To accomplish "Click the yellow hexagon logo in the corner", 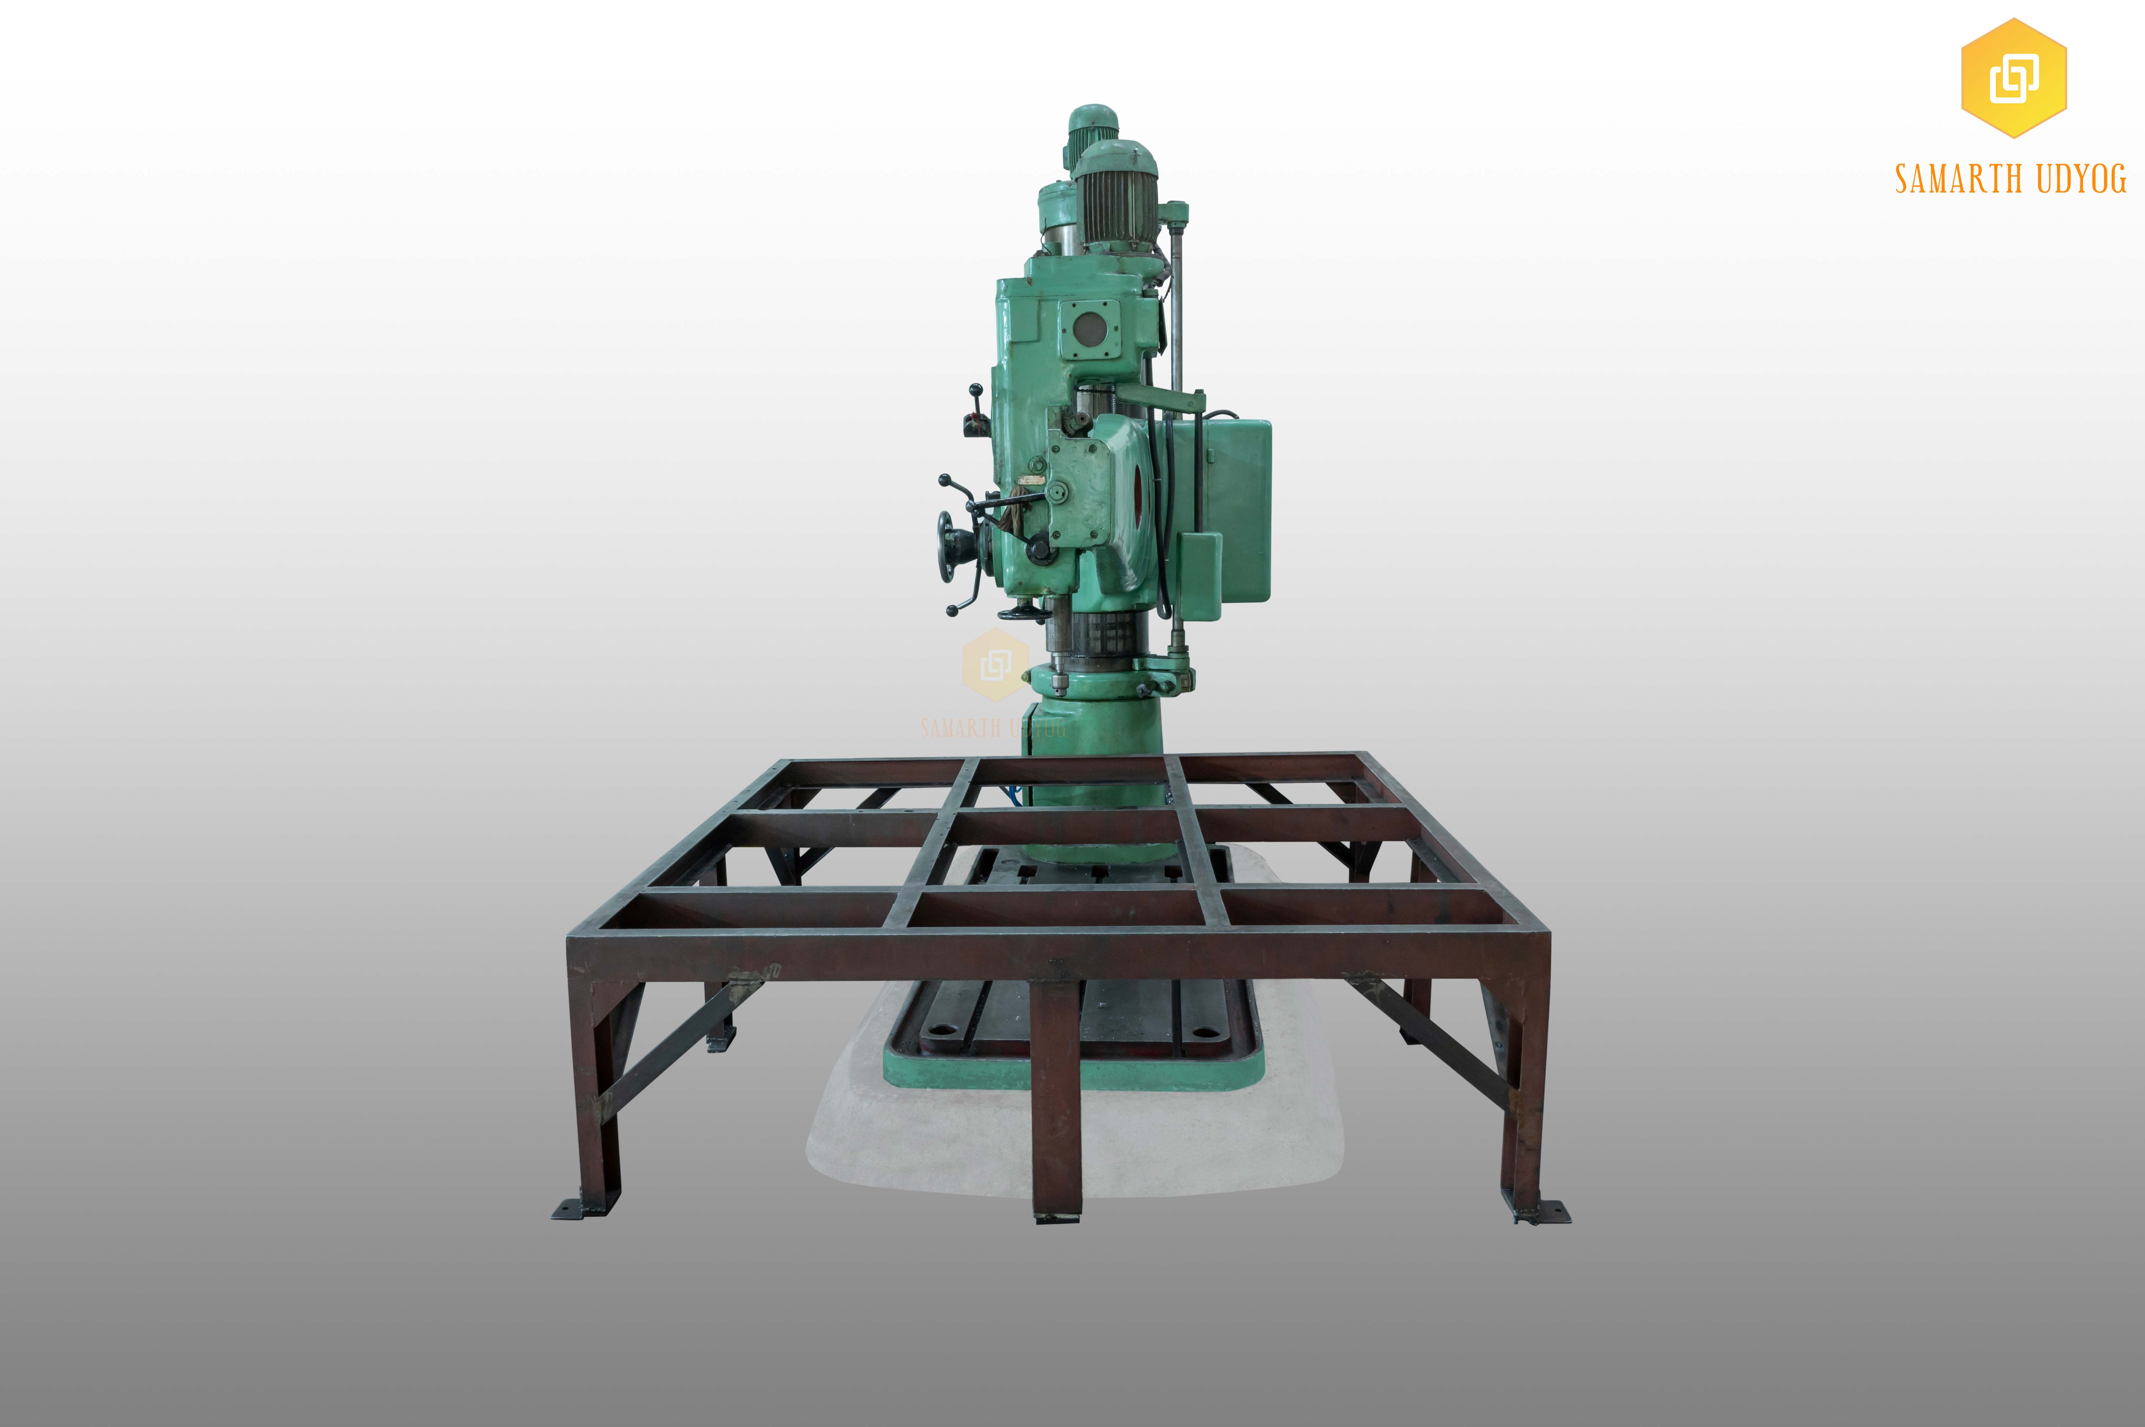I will [x=2013, y=78].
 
